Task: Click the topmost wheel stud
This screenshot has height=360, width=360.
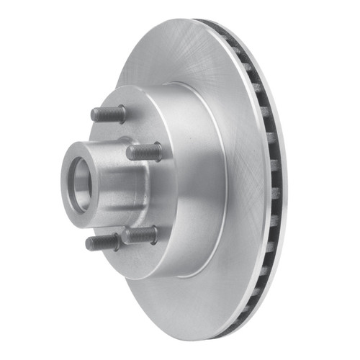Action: coord(107,114)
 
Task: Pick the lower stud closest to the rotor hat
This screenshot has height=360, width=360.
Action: coord(140,235)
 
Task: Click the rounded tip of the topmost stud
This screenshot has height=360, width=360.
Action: coord(94,113)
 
